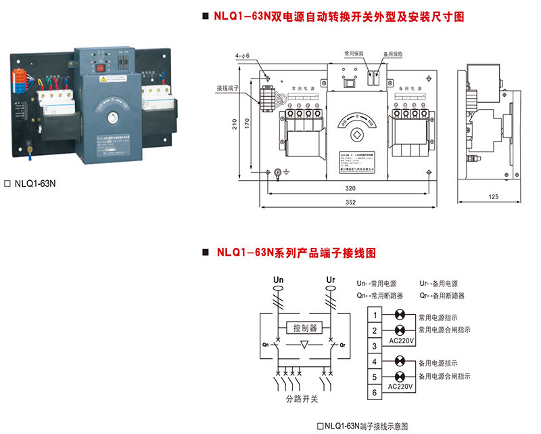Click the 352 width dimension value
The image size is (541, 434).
[x=350, y=202]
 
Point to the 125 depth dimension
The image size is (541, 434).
[x=492, y=196]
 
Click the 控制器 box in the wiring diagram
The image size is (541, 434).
[x=304, y=328]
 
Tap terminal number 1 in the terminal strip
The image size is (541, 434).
[x=375, y=315]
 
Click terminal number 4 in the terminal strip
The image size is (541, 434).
[x=375, y=362]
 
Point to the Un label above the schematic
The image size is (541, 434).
[x=278, y=279]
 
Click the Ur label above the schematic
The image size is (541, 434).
[x=330, y=279]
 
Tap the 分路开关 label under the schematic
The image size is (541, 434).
[x=302, y=399]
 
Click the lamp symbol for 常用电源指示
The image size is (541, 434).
[x=400, y=316]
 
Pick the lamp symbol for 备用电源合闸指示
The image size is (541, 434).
[x=400, y=376]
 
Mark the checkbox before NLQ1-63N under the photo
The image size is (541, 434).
[x=7, y=183]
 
